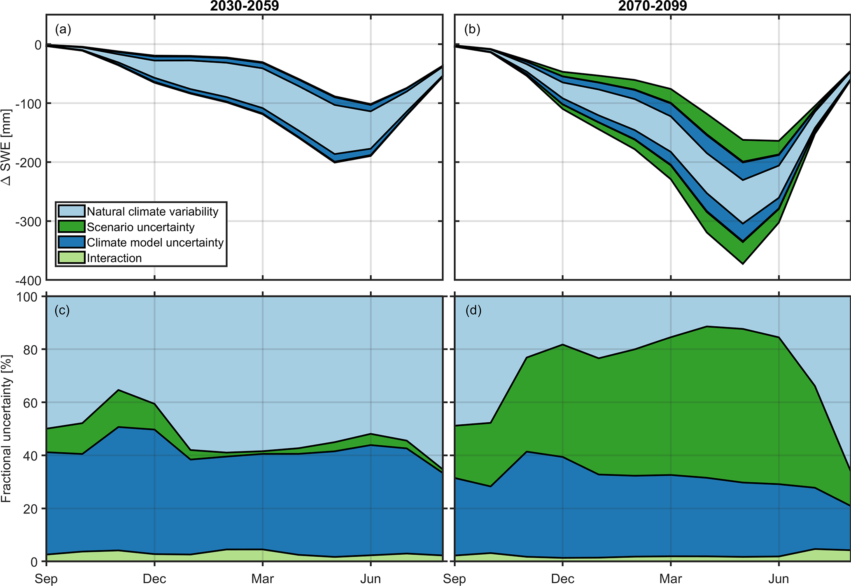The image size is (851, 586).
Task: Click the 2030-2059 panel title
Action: [x=245, y=6]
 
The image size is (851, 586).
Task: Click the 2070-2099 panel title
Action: [x=653, y=6]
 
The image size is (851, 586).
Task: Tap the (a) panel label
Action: [x=63, y=29]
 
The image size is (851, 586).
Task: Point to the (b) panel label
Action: [x=472, y=29]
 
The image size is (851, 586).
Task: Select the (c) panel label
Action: [x=62, y=310]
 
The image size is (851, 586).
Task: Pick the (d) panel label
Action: [x=473, y=310]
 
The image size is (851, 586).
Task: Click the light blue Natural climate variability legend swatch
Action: [x=71, y=211]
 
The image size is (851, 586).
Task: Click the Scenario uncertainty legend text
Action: [x=140, y=227]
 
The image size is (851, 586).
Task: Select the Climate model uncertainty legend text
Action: [x=155, y=242]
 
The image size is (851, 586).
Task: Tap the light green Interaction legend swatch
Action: [x=71, y=258]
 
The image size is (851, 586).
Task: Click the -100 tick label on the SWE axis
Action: [x=28, y=104]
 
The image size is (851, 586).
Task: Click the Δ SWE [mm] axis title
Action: [x=6, y=147]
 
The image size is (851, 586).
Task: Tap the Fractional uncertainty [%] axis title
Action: [x=6, y=428]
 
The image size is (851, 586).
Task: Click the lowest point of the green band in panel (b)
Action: [x=743, y=263]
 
